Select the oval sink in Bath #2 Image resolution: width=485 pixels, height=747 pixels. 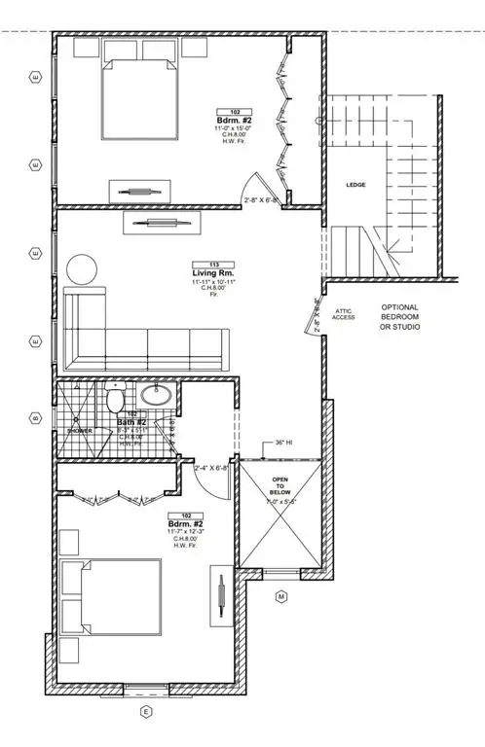154,396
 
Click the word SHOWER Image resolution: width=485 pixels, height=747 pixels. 79,429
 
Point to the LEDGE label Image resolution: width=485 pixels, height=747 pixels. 354,184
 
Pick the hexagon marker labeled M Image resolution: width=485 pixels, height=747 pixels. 280,596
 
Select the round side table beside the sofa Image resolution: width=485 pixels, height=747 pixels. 82,268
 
